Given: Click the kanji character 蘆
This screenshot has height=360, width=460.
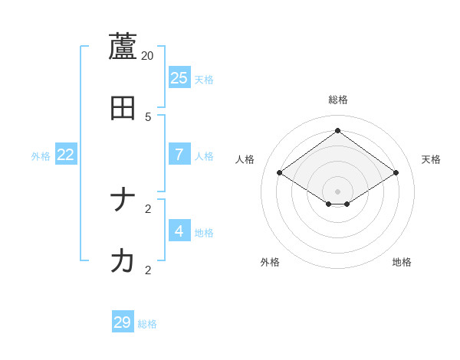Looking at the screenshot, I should point(123,47).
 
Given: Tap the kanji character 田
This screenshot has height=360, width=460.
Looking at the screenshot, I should point(123,109).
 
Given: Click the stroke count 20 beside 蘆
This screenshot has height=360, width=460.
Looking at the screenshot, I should point(148,56).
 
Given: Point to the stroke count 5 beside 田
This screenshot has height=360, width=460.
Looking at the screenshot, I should point(148,117).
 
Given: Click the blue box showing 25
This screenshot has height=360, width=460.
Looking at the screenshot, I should point(179,77).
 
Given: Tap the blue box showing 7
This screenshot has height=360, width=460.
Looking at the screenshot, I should point(179,154).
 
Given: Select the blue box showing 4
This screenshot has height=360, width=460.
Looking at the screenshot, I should point(179,231).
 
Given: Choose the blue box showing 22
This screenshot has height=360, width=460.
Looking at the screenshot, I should point(66,154).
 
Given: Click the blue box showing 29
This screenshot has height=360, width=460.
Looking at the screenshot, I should point(123,322).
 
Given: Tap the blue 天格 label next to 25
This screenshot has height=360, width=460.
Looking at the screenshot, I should point(204,80).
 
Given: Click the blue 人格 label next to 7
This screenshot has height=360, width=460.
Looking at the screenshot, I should point(204,156).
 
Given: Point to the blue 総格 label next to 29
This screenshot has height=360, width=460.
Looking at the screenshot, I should point(147,325).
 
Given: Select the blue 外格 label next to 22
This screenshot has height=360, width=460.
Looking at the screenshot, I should point(41,156).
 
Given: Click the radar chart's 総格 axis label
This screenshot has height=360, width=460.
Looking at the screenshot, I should point(338,100).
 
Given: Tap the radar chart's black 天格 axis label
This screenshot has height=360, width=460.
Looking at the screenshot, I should point(432,159).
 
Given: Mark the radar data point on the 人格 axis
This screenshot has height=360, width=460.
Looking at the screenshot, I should point(280,173).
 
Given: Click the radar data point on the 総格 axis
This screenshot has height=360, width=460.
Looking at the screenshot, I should point(337,130).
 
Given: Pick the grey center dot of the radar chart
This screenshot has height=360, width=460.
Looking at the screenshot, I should point(337,191).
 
